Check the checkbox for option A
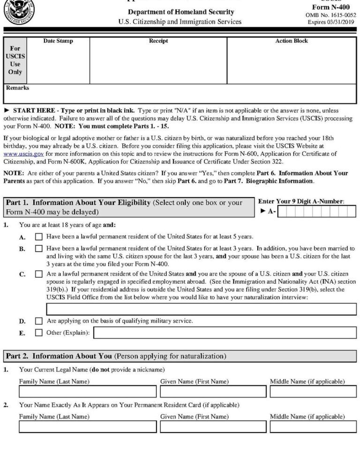39,237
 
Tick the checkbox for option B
39,249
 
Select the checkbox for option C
39,274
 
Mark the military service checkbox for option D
39,321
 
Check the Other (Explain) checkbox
39,333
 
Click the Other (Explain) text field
225,333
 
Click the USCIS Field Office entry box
201,309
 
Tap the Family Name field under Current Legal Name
87,391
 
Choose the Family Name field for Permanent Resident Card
87,427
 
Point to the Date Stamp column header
58,41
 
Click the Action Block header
292,41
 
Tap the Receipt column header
158,41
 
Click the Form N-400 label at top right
330,7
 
